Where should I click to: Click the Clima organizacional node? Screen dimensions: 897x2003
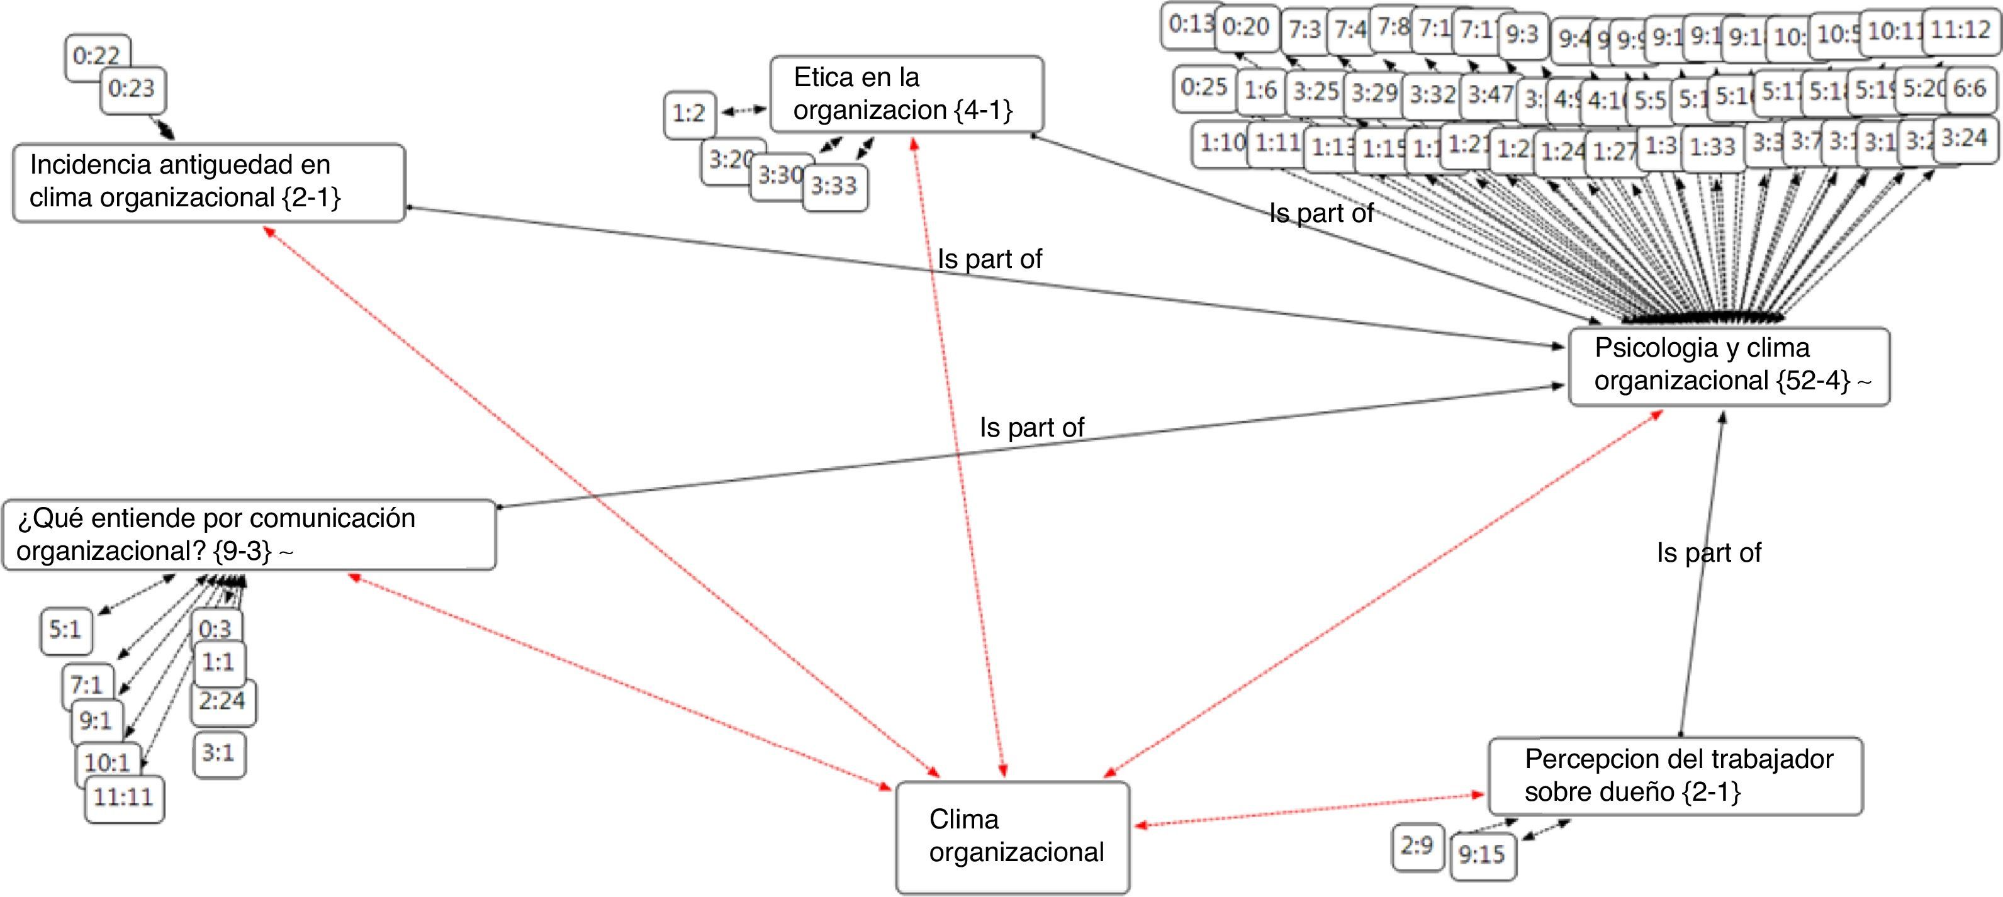point(1013,837)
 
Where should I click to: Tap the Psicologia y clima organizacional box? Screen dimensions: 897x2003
point(1729,365)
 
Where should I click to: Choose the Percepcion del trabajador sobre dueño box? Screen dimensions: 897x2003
point(1675,776)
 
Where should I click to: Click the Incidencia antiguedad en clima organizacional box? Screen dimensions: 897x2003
point(208,182)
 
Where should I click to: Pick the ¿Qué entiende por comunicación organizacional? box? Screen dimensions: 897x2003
point(249,535)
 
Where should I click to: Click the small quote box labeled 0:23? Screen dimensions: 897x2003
point(132,89)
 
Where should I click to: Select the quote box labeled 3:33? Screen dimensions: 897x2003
point(834,187)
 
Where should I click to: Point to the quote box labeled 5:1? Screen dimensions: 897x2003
point(65,630)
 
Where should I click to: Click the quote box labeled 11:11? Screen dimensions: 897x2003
point(123,798)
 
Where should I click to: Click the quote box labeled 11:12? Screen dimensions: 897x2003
point(1960,31)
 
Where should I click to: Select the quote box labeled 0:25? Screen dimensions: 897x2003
point(1204,87)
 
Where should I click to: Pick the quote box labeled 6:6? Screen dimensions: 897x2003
point(1970,89)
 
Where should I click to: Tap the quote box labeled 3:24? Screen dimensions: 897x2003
point(1965,139)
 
